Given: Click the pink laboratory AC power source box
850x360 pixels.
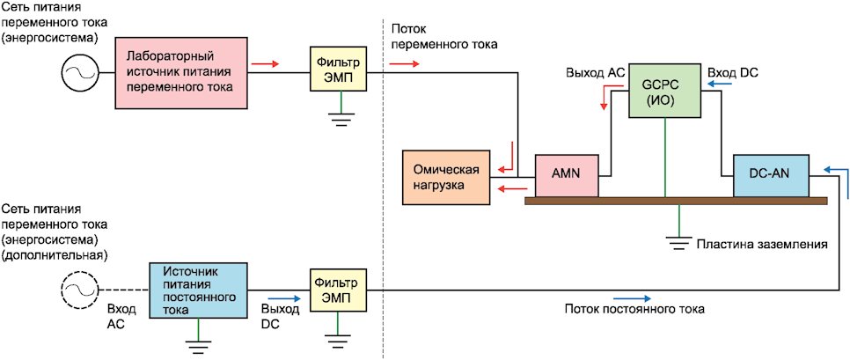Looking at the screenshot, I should [x=180, y=71].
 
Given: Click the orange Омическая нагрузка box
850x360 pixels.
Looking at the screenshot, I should [x=445, y=178].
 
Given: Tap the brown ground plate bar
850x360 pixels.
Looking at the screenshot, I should [x=675, y=201].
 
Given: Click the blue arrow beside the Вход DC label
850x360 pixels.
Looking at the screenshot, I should [x=720, y=85].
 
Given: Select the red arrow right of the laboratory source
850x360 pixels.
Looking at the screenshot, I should [x=266, y=63].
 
